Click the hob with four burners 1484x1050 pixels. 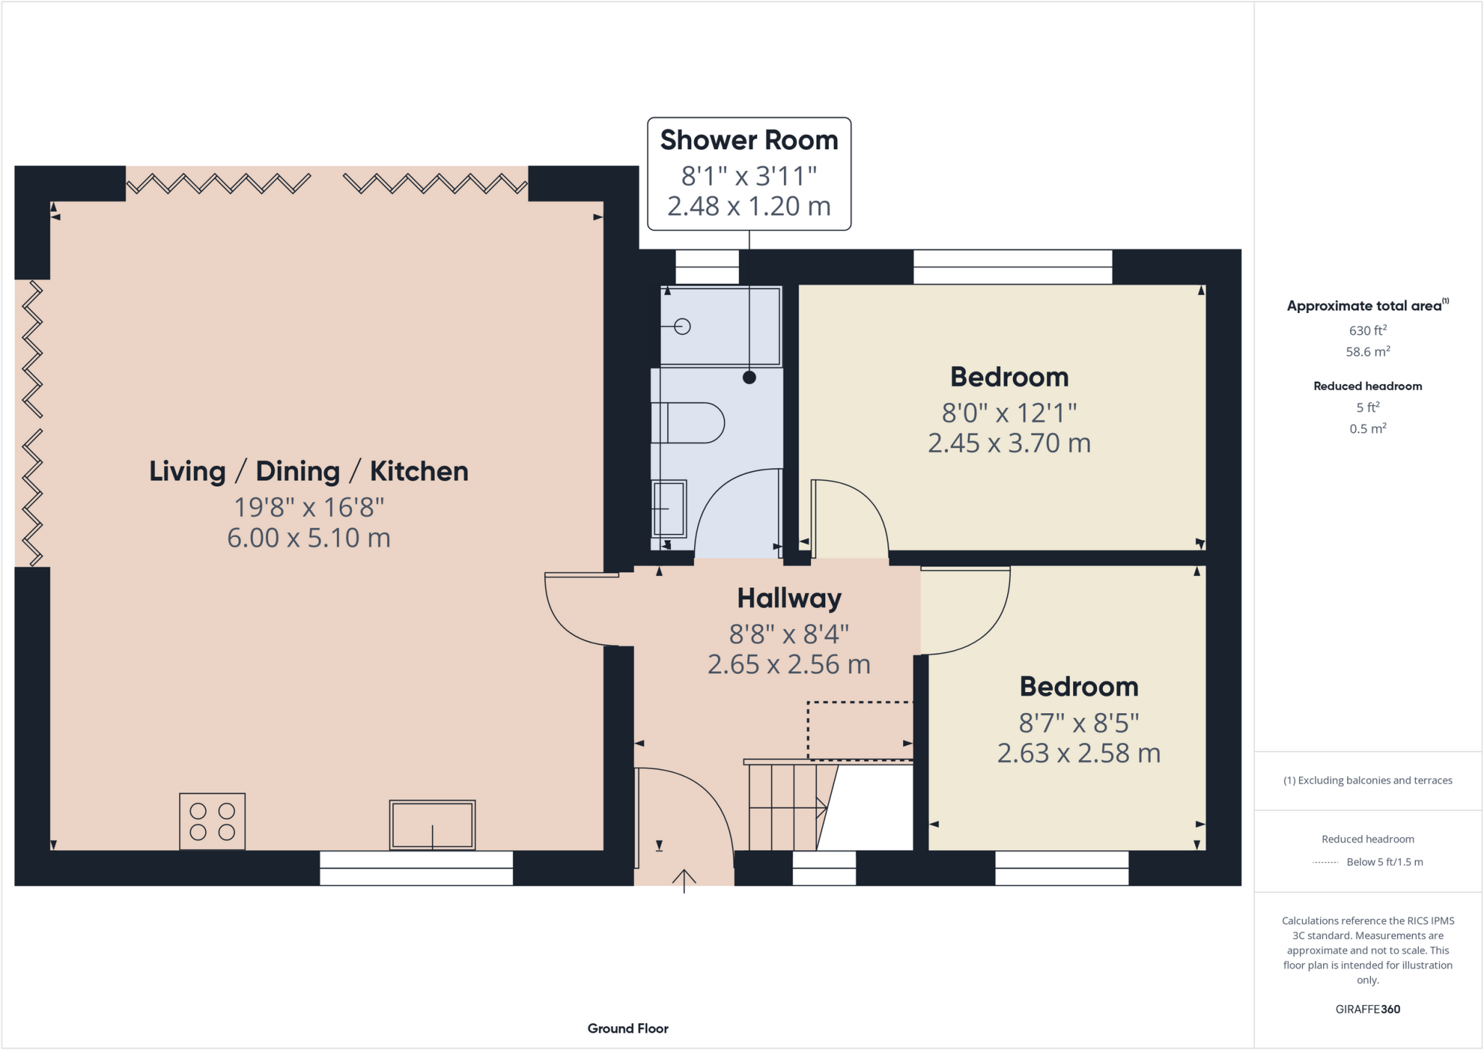212,821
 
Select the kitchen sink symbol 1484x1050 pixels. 432,825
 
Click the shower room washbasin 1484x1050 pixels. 669,509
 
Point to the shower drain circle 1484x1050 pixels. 682,327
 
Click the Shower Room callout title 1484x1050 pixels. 749,141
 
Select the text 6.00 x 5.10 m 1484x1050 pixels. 309,538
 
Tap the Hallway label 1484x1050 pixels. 789,599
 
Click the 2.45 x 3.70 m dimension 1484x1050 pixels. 1009,443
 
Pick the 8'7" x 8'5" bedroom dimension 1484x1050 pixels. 1078,722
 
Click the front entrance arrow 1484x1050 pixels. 684,880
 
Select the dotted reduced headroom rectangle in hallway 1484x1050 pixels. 859,730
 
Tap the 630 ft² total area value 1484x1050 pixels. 1367,330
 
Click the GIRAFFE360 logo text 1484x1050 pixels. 1367,1009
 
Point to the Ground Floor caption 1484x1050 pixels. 628,1028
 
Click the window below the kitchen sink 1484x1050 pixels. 416,868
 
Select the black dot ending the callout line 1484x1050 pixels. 749,378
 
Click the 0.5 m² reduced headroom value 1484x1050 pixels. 1367,429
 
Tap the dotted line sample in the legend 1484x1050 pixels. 1325,862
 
